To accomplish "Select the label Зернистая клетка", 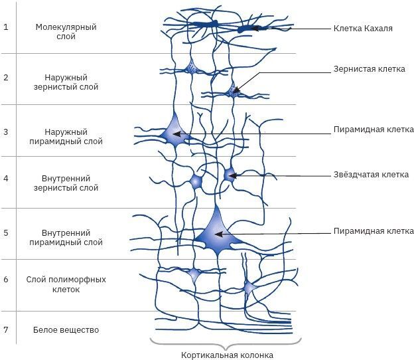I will [x=369, y=69].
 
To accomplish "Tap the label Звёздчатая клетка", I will [x=371, y=175].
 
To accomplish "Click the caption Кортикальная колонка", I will [x=227, y=355].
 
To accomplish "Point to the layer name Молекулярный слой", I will [x=66, y=32].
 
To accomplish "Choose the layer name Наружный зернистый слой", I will [x=66, y=82].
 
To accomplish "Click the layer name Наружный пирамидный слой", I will [x=66, y=136].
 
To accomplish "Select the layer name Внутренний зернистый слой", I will [x=66, y=183].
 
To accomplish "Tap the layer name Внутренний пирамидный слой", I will [x=66, y=237].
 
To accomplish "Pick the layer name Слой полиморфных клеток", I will [x=66, y=284].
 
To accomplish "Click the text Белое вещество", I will [x=66, y=329].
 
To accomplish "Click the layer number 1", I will [x=6, y=27].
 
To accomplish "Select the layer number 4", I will [x=6, y=179].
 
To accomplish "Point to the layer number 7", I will [x=6, y=329].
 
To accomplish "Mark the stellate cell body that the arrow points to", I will [x=230, y=175].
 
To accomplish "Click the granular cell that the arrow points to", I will [x=233, y=92].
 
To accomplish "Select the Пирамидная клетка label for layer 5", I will [x=374, y=231].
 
